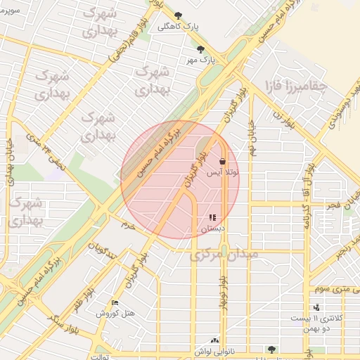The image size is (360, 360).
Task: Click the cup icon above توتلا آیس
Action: tap(222, 161)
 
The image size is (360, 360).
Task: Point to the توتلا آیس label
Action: tap(222, 172)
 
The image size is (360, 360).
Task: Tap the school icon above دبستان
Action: tap(212, 217)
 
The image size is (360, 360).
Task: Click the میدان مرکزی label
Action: tap(224, 254)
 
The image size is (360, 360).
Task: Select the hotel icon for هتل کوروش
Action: tap(115, 303)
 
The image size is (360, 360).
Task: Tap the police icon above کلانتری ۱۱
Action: tap(317, 307)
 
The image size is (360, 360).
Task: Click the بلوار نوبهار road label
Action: tap(223, 289)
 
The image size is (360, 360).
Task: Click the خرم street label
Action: tap(127, 225)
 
